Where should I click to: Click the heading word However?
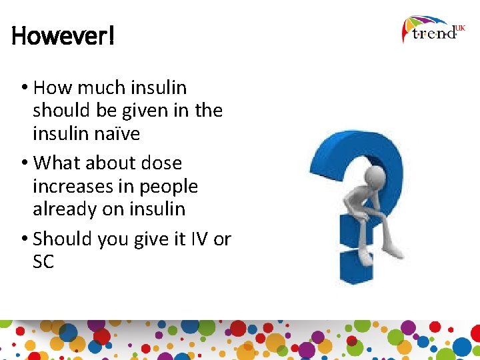63,36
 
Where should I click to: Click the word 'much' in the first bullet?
94,87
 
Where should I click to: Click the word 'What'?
57,163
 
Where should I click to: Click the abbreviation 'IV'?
199,239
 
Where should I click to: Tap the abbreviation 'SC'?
43,262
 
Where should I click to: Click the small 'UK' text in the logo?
460,28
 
